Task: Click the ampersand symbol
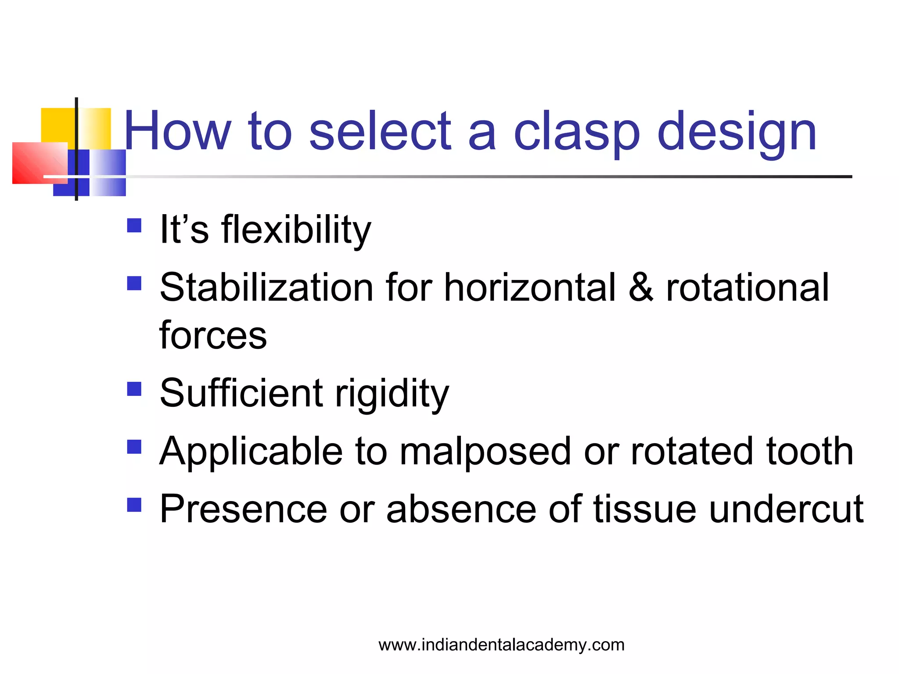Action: tap(641, 288)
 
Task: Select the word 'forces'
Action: tap(213, 336)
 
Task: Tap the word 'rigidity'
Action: tap(392, 393)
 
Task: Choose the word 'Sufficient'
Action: tap(241, 393)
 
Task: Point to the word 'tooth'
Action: tap(810, 452)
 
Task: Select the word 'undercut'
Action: tap(786, 509)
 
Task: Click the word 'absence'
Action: tap(461, 509)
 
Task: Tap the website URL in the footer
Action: tap(501, 645)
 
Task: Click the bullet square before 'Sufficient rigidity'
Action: tap(134, 389)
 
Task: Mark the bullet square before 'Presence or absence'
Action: tap(134, 505)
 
